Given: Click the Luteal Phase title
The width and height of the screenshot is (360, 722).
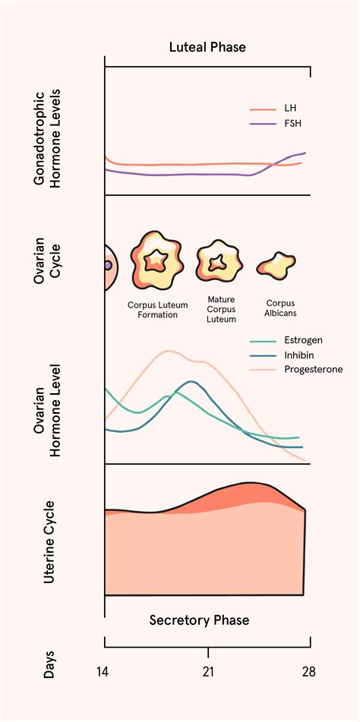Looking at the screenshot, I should point(207,47).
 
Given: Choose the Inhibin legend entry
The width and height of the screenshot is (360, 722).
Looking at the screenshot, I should point(299,355).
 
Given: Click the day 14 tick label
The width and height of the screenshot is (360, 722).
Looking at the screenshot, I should point(104,672).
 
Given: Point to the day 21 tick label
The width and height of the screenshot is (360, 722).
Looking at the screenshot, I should point(208,672).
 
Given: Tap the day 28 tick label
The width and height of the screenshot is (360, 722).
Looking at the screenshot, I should point(308,672).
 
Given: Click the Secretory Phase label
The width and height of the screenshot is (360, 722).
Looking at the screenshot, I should point(199,620).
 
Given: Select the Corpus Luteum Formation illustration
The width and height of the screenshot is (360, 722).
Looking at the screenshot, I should point(157,262).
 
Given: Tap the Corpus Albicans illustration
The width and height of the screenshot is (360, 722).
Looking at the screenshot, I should point(276,265).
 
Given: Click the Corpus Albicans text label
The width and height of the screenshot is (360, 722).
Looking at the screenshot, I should point(275,307).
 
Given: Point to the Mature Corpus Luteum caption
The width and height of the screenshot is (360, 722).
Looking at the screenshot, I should point(221,309).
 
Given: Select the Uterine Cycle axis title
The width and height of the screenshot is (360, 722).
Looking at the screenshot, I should point(49,541).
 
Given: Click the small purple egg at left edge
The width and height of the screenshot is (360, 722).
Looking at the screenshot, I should point(108,266).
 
